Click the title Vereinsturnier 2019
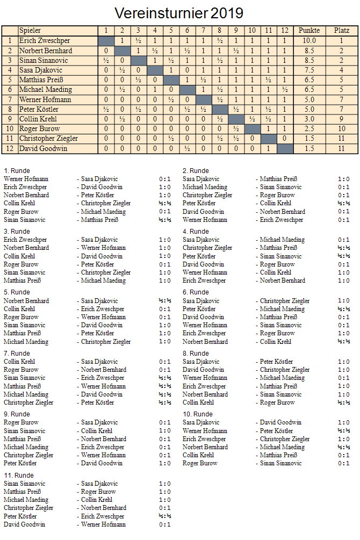point(179,12)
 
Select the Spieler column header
point(30,31)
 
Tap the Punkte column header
point(309,31)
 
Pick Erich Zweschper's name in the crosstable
point(45,40)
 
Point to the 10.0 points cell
point(309,40)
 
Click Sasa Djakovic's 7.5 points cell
point(309,70)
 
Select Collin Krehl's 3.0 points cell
point(309,119)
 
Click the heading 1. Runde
point(17,171)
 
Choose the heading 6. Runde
point(196,293)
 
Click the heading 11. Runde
point(18,476)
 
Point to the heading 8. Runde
point(196,354)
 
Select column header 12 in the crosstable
point(285,31)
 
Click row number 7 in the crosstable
point(10,99)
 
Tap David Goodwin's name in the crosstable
point(43,148)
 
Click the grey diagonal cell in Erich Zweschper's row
point(106,40)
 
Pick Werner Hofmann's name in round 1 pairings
point(26,179)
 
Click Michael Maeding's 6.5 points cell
point(309,89)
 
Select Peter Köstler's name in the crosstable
point(39,109)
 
